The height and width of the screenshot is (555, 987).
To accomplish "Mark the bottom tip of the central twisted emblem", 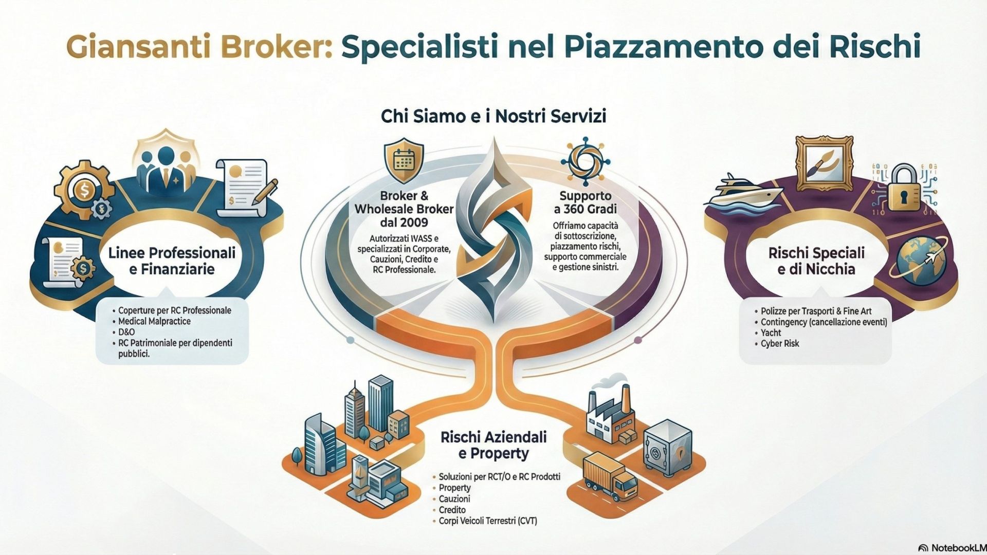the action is [x=494, y=323].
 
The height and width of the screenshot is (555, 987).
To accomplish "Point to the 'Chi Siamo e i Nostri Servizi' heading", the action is [x=493, y=116].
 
